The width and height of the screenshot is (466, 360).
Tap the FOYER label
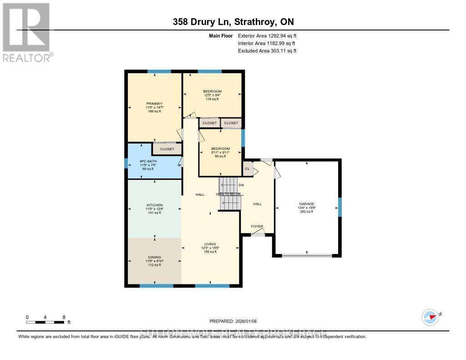point(258,226)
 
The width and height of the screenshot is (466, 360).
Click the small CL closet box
point(247,169)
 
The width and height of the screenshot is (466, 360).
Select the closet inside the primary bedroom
point(167,149)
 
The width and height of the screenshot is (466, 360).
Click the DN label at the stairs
point(241,185)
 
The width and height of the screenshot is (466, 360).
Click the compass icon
point(430,316)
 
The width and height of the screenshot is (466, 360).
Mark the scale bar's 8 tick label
point(64,317)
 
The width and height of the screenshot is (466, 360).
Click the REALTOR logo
point(26,32)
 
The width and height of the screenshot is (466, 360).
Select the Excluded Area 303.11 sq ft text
point(267,51)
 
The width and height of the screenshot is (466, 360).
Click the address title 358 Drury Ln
point(233,22)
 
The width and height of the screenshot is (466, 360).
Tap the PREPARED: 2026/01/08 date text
point(233,321)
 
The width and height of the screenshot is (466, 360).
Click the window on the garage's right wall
point(339,207)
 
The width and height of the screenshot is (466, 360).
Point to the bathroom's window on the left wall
point(126,163)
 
